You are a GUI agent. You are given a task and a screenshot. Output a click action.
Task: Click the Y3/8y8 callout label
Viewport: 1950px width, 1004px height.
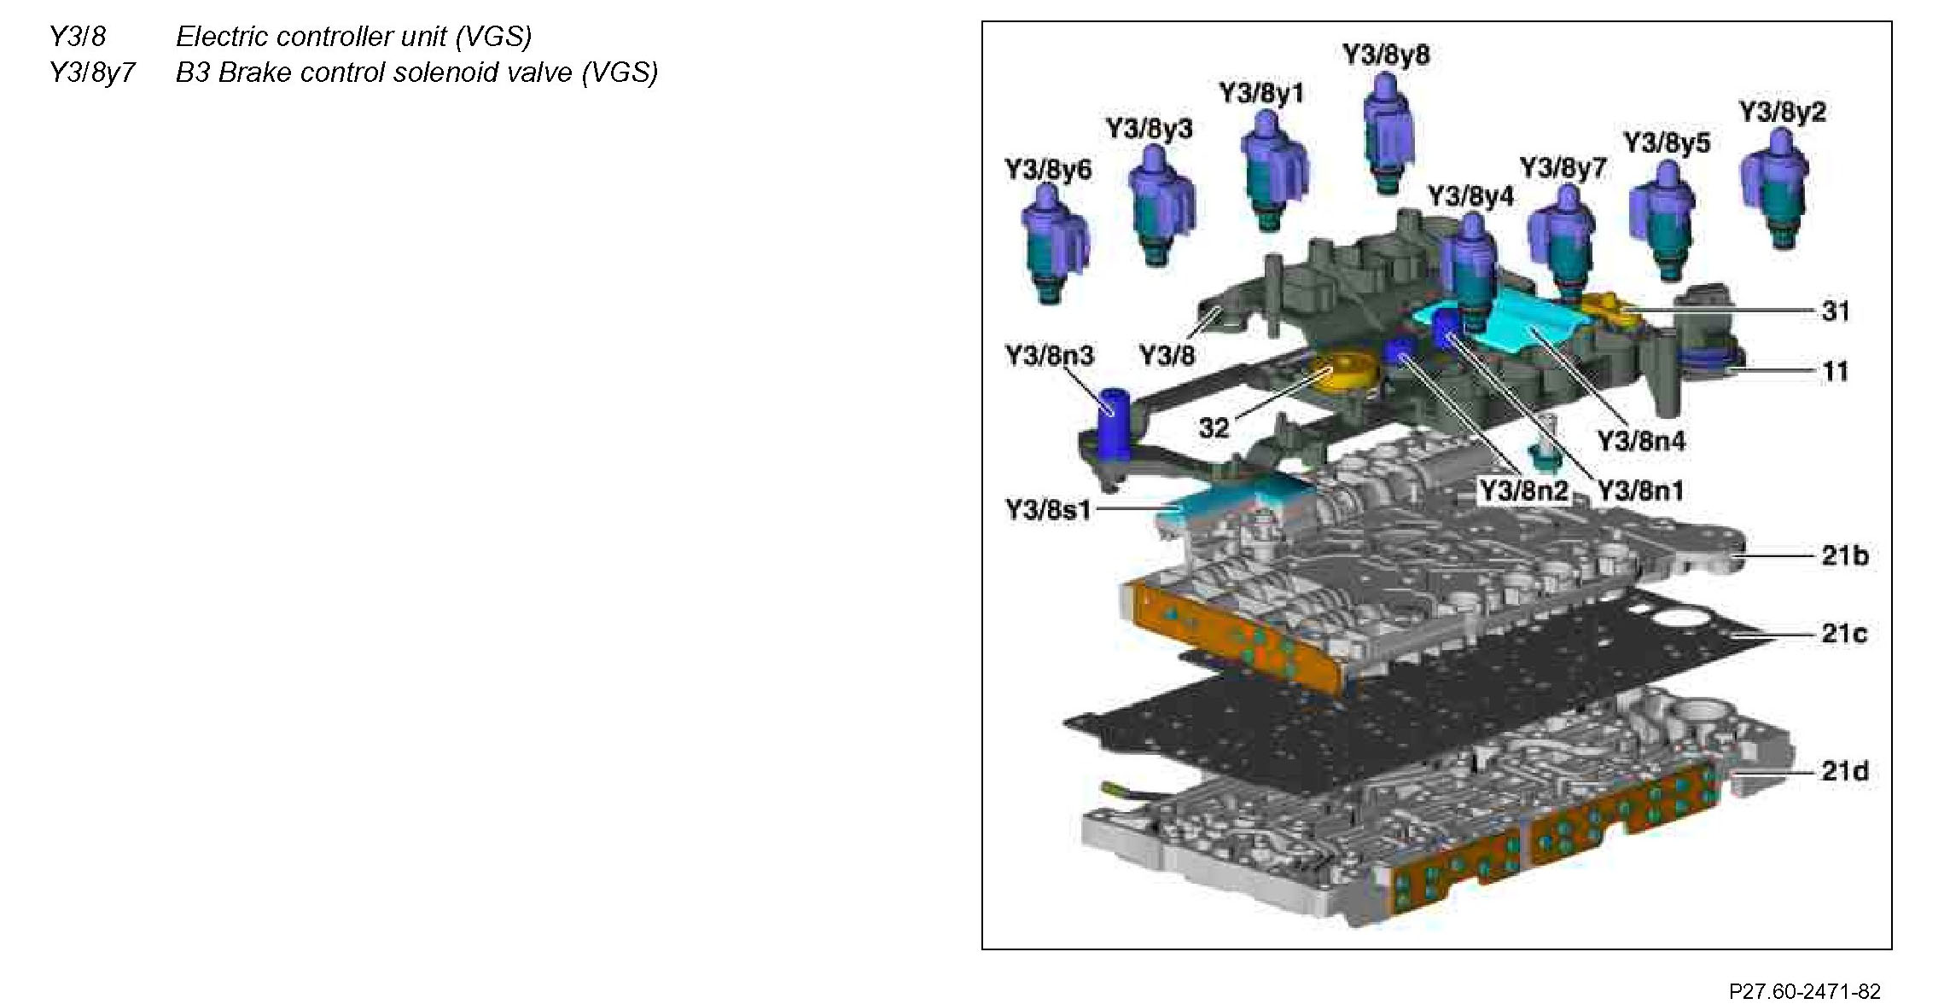[x=1386, y=55]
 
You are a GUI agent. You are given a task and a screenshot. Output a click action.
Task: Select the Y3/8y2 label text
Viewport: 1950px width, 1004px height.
[x=1782, y=112]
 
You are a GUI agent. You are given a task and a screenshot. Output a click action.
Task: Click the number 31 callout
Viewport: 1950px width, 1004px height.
[x=1836, y=310]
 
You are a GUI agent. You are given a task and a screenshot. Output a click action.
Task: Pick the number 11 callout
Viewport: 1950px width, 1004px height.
[x=1836, y=371]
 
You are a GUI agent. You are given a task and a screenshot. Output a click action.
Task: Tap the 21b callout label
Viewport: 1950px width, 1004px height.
[x=1845, y=555]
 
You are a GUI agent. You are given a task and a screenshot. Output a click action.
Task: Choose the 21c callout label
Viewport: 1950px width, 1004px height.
[x=1844, y=633]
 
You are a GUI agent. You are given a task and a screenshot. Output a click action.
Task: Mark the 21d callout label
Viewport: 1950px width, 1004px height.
[x=1845, y=771]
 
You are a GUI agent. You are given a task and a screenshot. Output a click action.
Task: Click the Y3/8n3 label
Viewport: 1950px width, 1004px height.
[x=1049, y=356]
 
